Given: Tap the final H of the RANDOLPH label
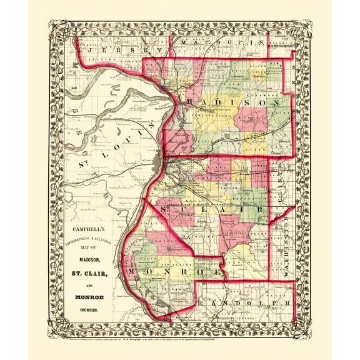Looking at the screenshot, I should pos(287,303).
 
